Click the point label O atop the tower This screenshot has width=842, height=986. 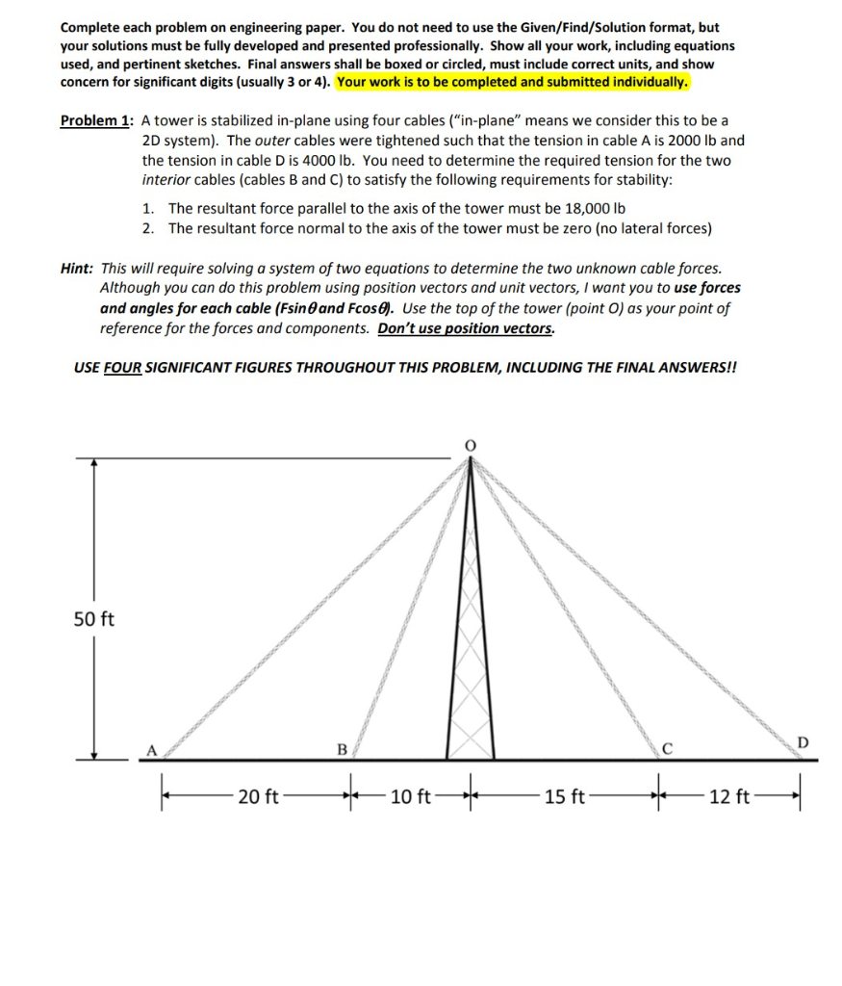(471, 444)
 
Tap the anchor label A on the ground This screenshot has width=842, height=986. (150, 749)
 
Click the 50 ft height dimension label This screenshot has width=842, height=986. (93, 618)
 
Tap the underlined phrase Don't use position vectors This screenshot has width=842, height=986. (467, 328)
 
